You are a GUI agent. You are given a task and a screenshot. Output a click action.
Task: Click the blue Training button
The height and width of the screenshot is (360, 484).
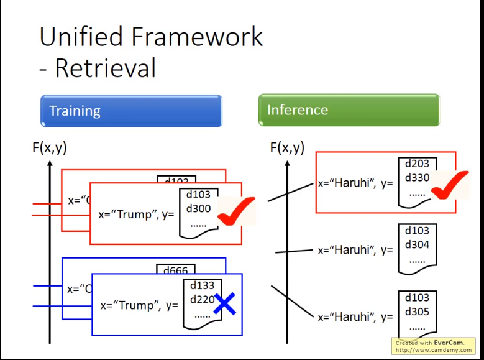[x=130, y=111]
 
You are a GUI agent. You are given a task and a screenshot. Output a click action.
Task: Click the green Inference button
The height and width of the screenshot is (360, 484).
[x=349, y=110]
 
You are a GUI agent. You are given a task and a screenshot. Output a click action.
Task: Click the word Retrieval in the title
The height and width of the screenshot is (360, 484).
[x=105, y=68]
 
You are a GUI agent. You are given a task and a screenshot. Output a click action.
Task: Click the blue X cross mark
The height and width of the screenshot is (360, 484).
[x=224, y=304]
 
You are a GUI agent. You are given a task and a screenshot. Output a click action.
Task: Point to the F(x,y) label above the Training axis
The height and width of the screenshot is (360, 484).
[x=49, y=147]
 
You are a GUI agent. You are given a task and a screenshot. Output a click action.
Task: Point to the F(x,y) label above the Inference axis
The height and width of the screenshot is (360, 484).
[x=287, y=147]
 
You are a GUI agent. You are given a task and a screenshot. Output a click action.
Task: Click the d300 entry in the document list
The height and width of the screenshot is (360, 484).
[x=198, y=208]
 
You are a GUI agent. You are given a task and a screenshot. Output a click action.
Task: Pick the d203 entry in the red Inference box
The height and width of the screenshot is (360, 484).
[x=417, y=164]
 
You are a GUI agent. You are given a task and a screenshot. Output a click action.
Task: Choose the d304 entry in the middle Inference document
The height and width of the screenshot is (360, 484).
[x=417, y=244]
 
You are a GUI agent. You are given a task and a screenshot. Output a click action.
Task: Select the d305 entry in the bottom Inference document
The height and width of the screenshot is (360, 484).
[x=417, y=312]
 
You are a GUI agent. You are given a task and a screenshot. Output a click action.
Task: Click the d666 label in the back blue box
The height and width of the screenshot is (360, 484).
[x=176, y=270]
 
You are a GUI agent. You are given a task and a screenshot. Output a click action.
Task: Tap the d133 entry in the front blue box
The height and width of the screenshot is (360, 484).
[x=201, y=285]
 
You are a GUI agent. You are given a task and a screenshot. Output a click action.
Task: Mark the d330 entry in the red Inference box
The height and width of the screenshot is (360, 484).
[x=417, y=177]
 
